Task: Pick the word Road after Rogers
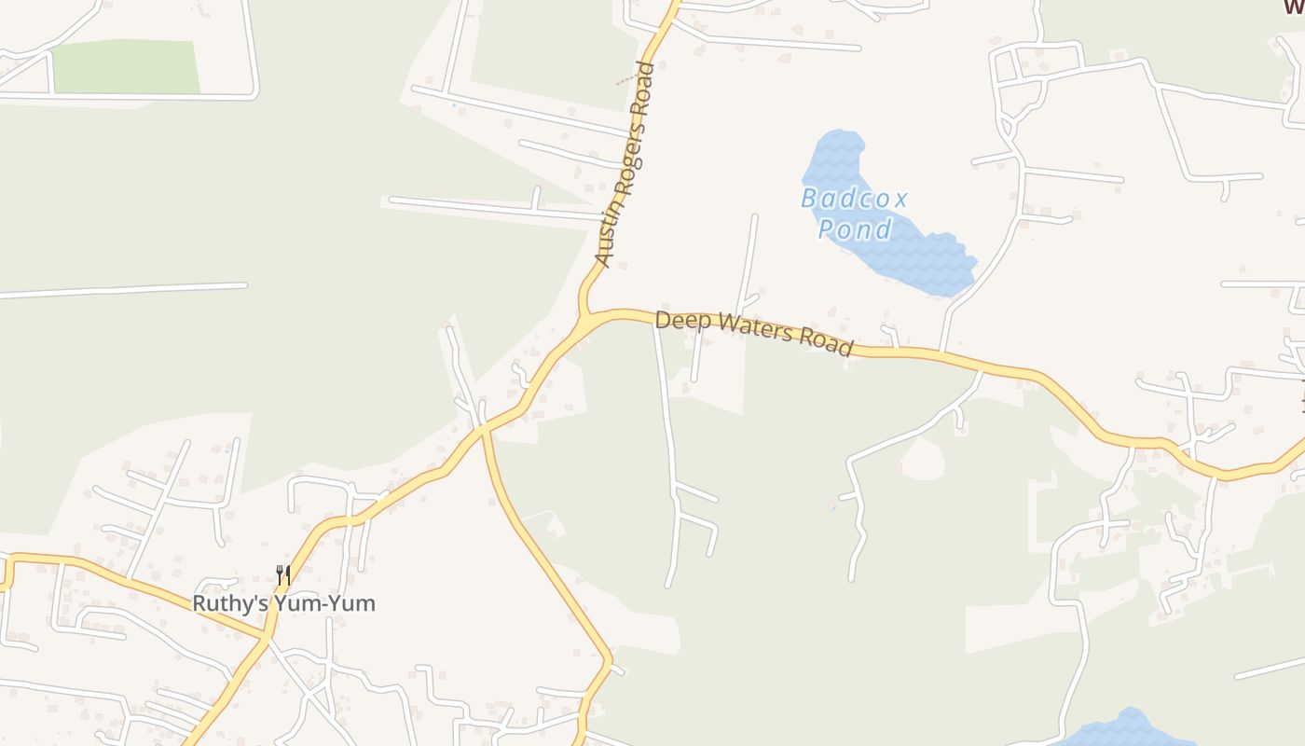(x=642, y=90)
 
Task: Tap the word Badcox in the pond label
(x=854, y=199)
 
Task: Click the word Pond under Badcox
(x=855, y=228)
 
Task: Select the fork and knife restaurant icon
(x=283, y=574)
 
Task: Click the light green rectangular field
(x=125, y=67)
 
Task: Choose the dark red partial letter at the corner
(x=1294, y=7)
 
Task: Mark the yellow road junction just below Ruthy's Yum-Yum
(x=267, y=639)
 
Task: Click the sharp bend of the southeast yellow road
(x=611, y=663)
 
